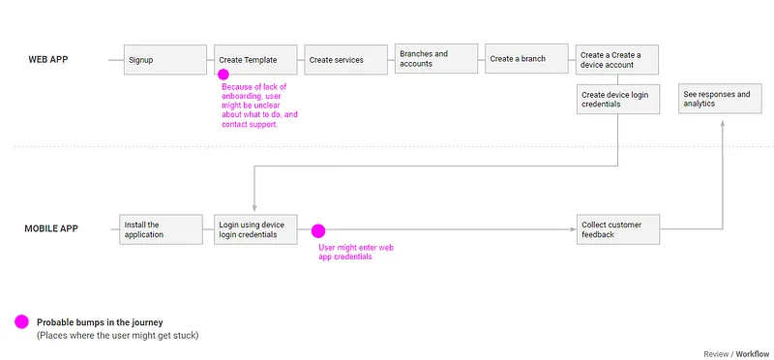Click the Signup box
click(x=164, y=60)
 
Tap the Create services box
click(x=346, y=60)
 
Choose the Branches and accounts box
click(x=436, y=59)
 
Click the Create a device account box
click(x=617, y=60)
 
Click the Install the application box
click(x=158, y=229)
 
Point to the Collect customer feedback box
click(x=617, y=229)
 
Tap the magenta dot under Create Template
click(x=223, y=75)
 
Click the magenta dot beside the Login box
click(x=317, y=230)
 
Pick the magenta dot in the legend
click(x=20, y=322)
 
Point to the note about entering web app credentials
click(x=354, y=253)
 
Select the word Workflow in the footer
click(x=752, y=354)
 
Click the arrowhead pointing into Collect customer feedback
click(x=572, y=230)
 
